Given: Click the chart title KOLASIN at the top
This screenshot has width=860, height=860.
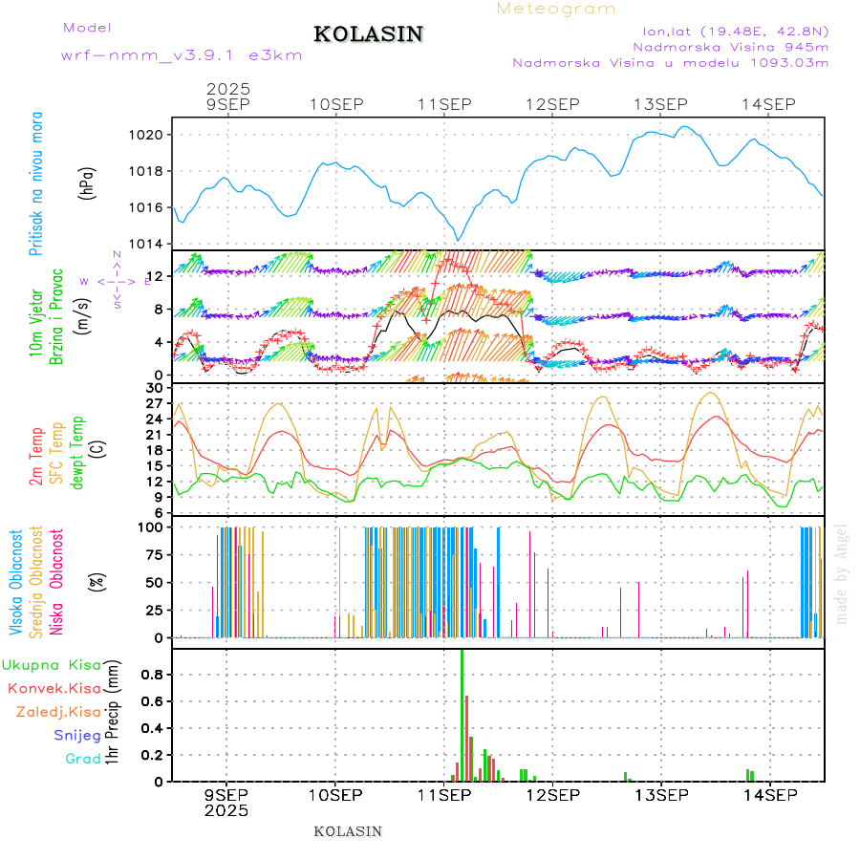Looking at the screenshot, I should pos(368,34).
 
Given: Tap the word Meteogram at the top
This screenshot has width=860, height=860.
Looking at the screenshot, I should pos(556,9).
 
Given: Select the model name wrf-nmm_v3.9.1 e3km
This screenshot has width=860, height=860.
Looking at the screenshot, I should pos(182,55).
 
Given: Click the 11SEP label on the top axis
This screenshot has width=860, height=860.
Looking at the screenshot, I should pos(443,104).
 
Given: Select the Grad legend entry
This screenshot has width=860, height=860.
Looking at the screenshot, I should pos(83,759).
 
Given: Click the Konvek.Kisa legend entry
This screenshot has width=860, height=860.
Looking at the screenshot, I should pos(54,688).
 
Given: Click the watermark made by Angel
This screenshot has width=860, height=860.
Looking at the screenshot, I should pos(842,573).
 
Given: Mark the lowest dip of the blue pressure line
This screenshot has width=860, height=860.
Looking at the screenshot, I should pos(458,240).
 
